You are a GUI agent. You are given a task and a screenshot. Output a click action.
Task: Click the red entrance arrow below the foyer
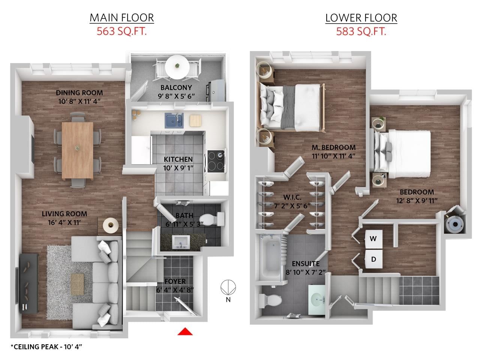[185, 331]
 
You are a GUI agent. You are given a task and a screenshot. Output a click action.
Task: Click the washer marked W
[373, 239]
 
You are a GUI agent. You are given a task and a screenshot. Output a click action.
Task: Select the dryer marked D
[373, 259]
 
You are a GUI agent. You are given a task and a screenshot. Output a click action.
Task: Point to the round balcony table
[177, 67]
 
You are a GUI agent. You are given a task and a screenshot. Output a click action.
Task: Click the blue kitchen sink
[174, 120]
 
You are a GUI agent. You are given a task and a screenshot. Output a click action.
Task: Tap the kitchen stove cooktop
[216, 161]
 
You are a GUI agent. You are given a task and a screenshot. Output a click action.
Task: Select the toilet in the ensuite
[270, 300]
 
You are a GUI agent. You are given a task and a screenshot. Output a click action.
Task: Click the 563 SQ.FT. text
[121, 31]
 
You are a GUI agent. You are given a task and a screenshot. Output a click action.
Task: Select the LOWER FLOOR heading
[361, 18]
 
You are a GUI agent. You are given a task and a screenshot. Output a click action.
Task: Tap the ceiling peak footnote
[46, 346]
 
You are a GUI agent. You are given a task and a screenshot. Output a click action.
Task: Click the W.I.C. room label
[292, 197]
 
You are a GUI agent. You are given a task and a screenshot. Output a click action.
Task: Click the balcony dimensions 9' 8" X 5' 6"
[176, 96]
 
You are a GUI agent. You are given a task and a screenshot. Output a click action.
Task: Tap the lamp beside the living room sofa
[111, 225]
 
